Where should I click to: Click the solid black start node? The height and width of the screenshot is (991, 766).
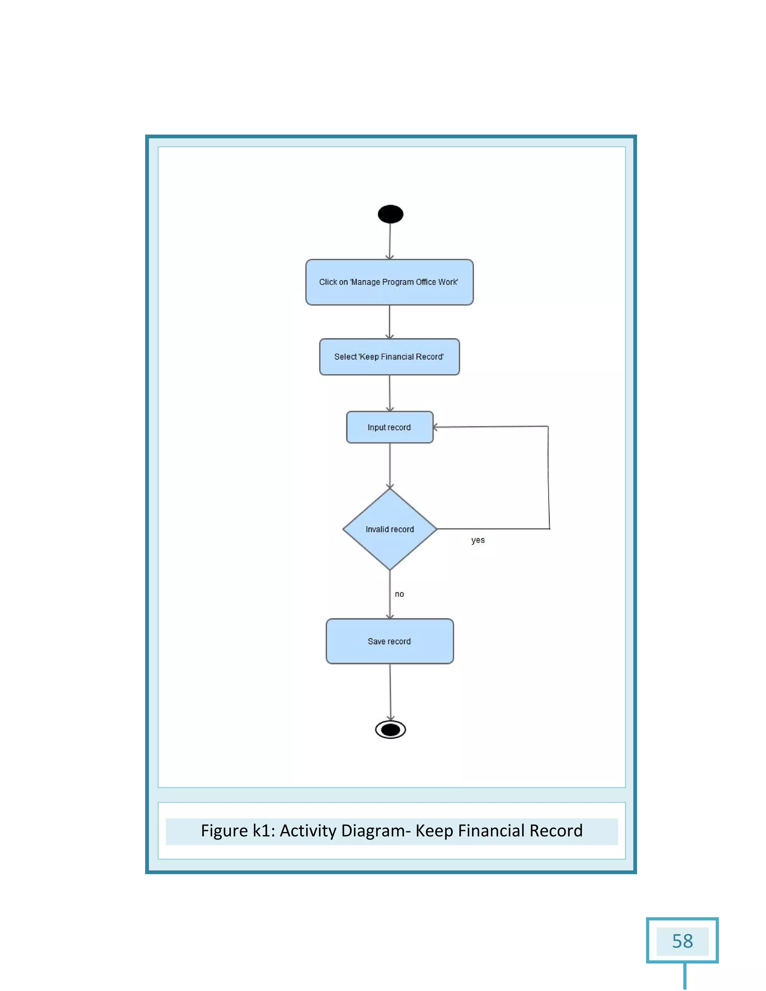(390, 214)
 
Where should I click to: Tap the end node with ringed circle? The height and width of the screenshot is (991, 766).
(390, 730)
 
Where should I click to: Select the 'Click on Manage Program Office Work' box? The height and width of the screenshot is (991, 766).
(389, 282)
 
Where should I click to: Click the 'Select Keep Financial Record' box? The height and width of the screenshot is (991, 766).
(389, 357)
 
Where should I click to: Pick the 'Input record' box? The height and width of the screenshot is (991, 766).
(389, 427)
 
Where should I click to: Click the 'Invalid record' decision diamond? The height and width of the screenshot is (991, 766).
(389, 529)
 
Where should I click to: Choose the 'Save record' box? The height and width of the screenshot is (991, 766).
(389, 641)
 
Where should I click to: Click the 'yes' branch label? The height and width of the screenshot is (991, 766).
(478, 540)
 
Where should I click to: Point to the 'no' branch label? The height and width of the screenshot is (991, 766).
(399, 594)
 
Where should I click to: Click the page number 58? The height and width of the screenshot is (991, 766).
(682, 941)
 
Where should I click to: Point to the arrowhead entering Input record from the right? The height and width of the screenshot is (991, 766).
(435, 427)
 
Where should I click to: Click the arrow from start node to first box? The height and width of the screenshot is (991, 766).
(390, 241)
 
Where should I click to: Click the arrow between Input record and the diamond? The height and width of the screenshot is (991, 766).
(390, 465)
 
